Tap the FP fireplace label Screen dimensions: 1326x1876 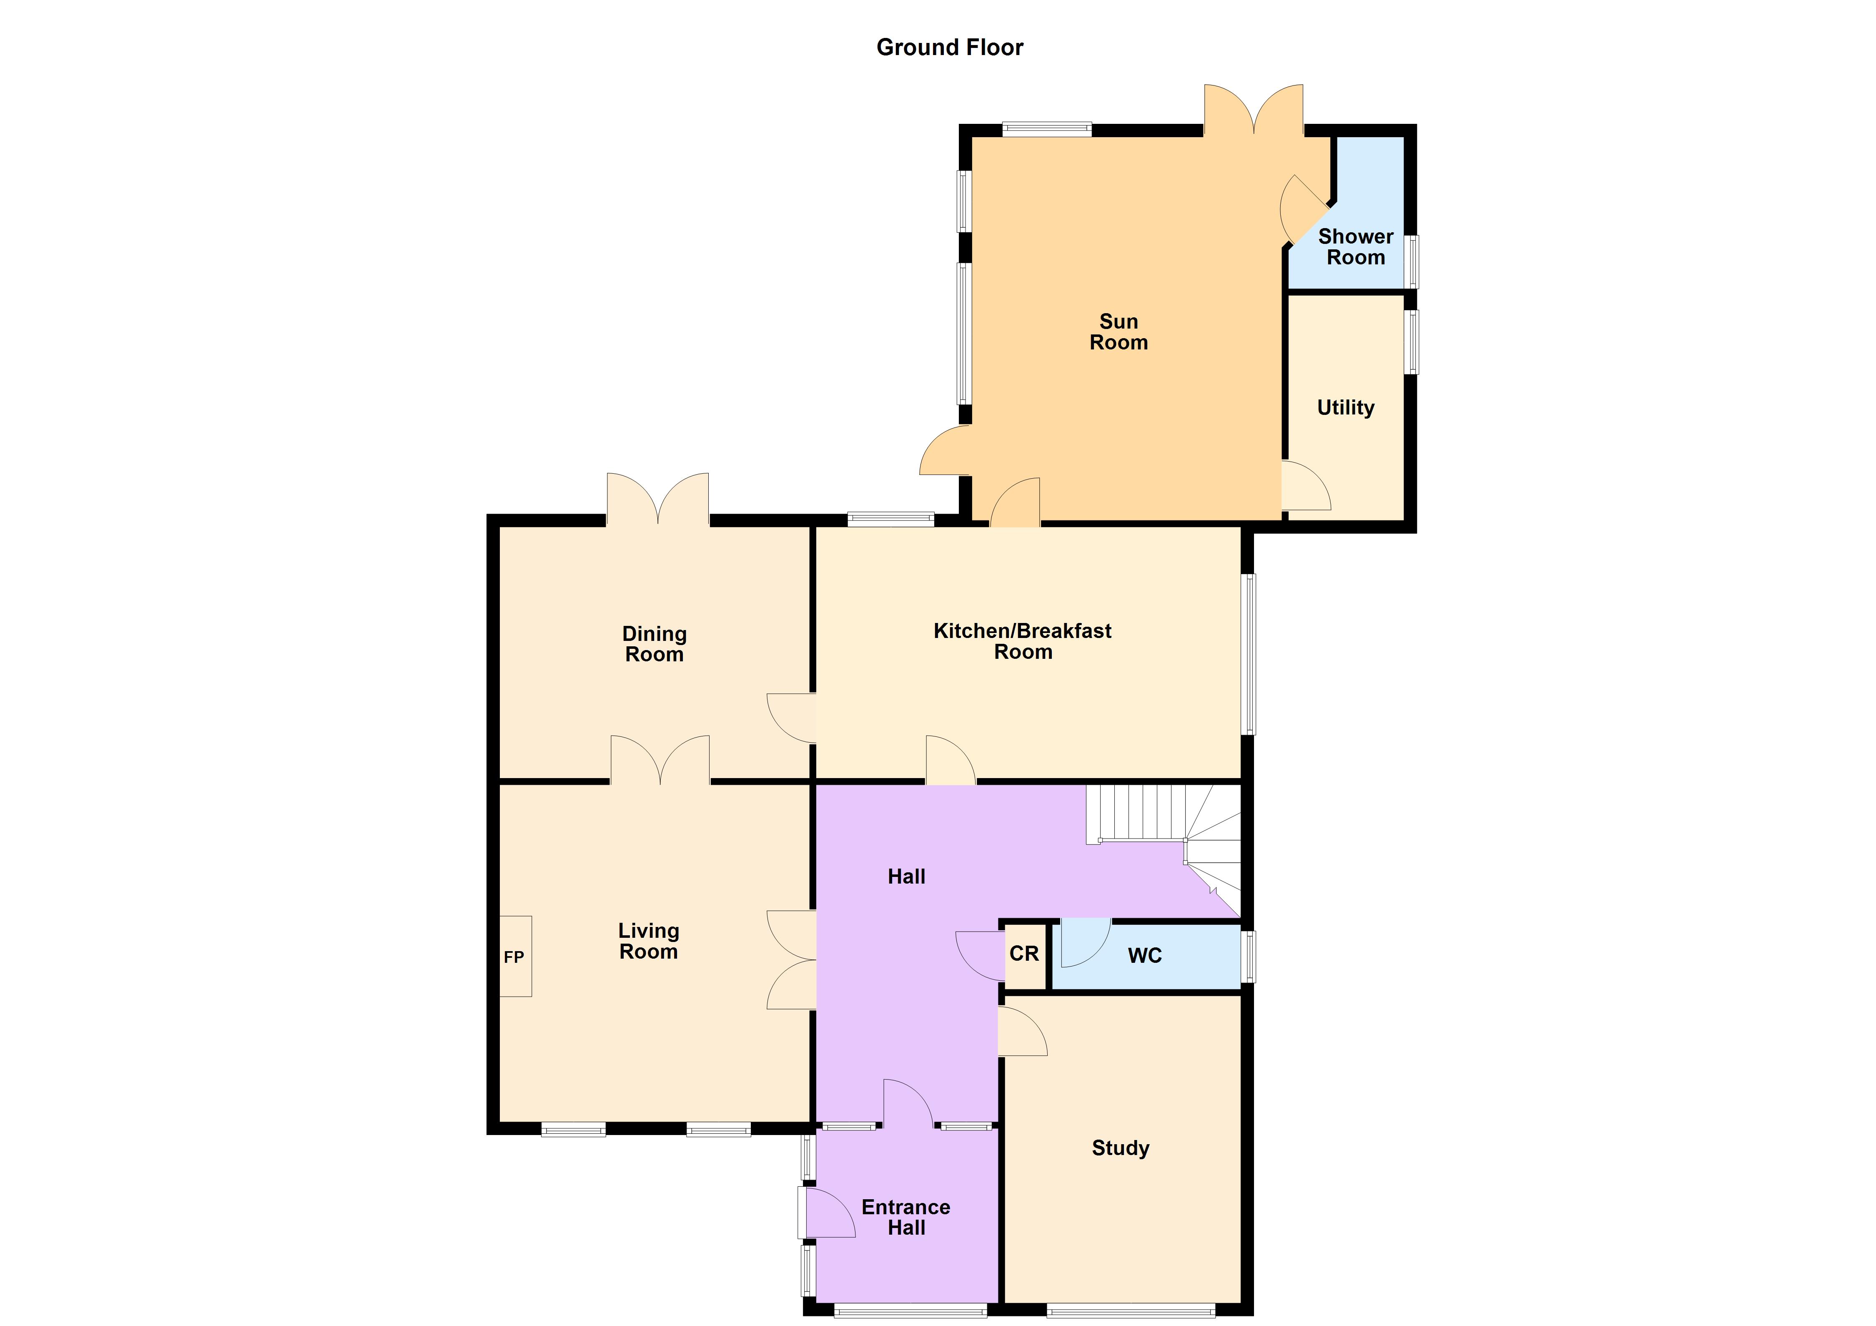tap(514, 957)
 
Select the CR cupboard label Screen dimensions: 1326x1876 tap(1024, 954)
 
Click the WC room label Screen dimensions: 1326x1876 tap(1145, 955)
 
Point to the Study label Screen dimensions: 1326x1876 tap(1120, 1148)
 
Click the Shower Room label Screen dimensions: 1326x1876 tap(1356, 247)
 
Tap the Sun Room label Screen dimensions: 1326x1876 tap(1119, 331)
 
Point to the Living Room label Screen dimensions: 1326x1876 tap(649, 941)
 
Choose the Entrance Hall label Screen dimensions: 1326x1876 tap(906, 1217)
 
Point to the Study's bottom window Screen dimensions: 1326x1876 tap(1131, 1311)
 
